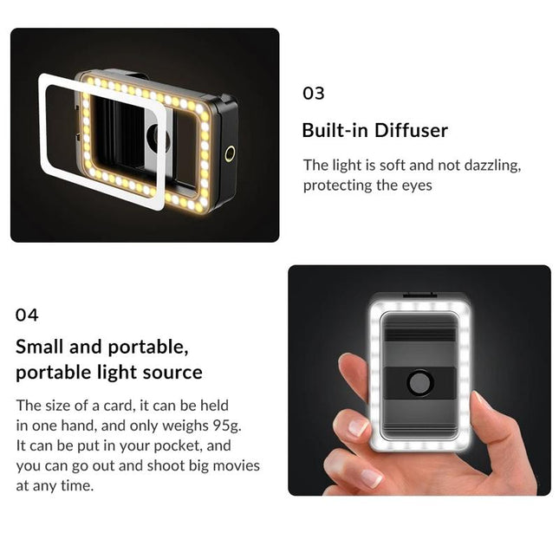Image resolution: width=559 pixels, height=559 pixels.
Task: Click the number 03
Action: [313, 94]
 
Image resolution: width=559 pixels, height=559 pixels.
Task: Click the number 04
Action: [27, 315]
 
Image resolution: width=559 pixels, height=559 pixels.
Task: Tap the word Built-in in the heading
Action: [334, 131]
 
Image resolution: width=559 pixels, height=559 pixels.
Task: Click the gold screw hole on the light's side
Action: [230, 154]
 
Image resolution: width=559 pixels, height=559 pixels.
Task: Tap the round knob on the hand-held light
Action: [419, 383]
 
